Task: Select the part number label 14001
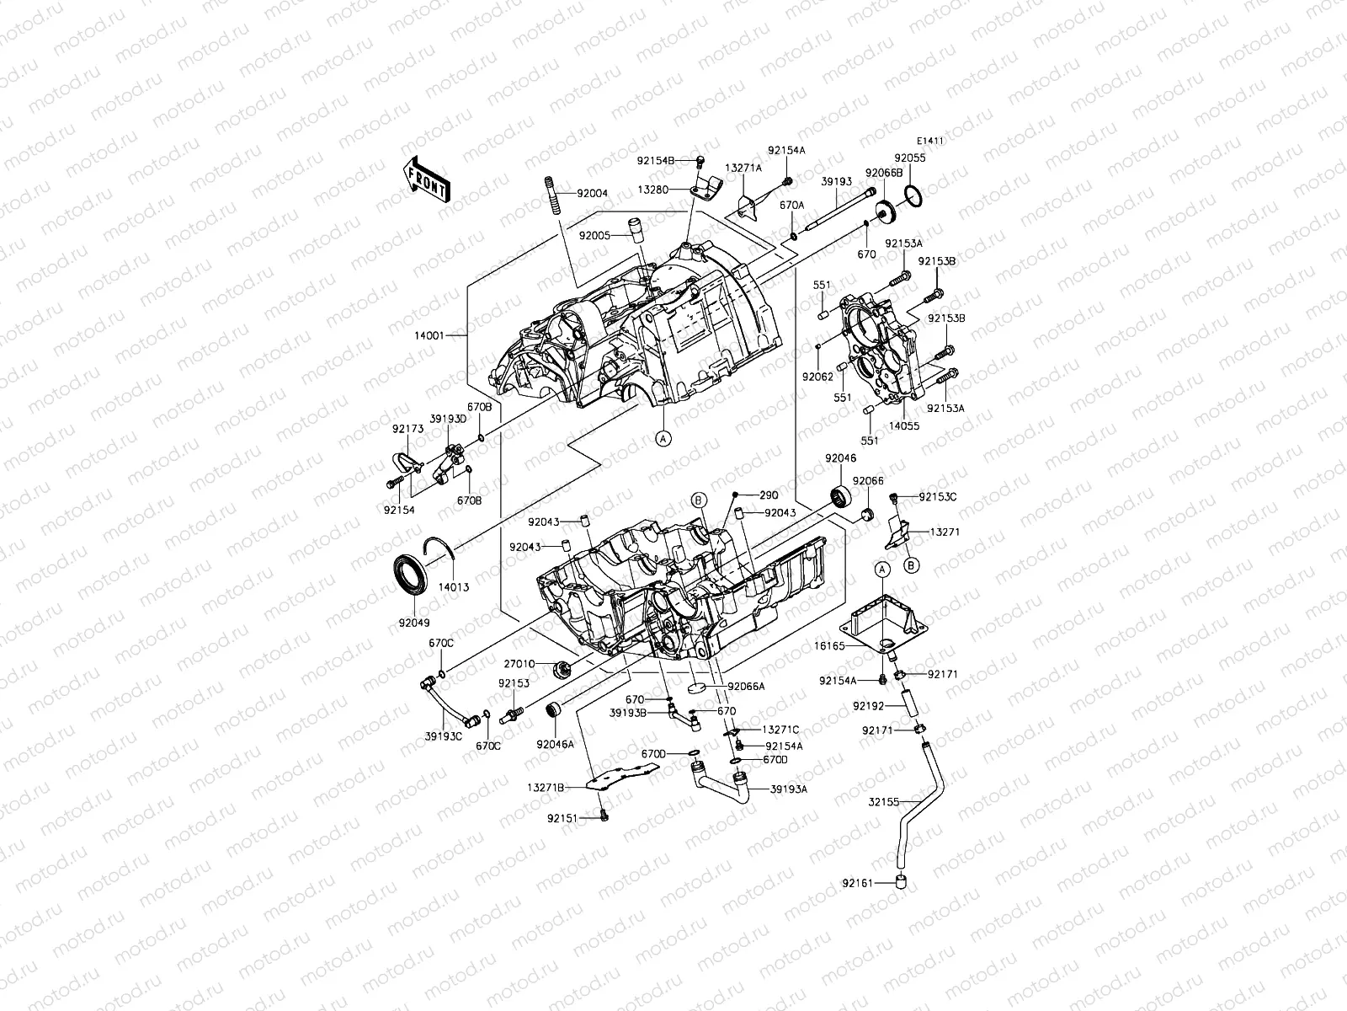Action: [450, 335]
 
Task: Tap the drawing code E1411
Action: [930, 142]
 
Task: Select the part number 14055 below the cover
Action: [906, 426]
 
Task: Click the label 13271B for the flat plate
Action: [546, 787]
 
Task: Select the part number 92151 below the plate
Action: [563, 817]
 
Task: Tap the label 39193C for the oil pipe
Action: [444, 736]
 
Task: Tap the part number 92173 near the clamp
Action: [407, 429]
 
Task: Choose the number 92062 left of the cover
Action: [817, 376]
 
